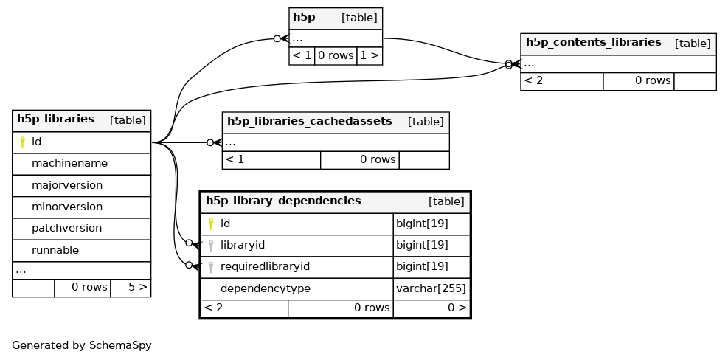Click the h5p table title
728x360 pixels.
304,18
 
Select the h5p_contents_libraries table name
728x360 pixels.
593,42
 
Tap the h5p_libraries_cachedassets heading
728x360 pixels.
310,121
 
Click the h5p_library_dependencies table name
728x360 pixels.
283,201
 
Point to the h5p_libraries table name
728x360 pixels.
56,119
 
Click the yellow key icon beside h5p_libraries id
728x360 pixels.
22,142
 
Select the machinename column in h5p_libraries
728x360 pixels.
69,164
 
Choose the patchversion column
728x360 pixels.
66,229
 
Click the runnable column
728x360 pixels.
55,250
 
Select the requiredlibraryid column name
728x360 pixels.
265,266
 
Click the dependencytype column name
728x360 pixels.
265,288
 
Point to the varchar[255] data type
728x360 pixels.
431,288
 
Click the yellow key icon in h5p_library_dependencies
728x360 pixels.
211,224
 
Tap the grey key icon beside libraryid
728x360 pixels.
211,245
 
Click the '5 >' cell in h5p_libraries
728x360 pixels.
137,287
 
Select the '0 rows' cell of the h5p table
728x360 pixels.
335,55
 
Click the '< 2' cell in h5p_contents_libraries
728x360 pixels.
533,81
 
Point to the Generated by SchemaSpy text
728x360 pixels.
82,345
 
